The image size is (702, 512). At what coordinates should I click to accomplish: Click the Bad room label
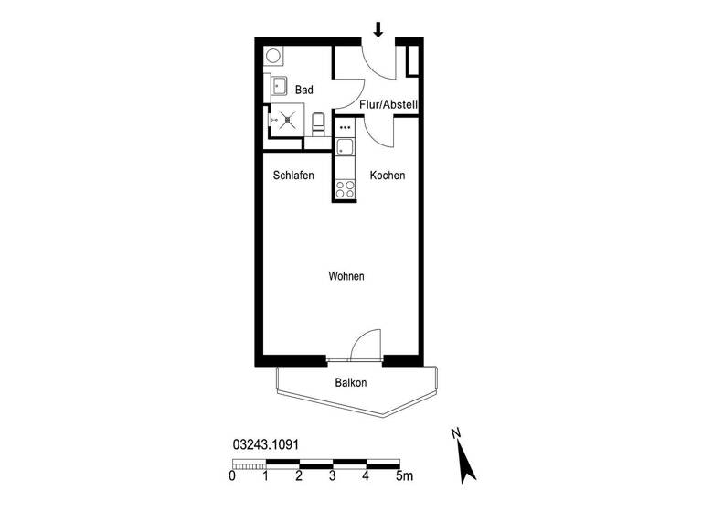pyautogui.click(x=304, y=90)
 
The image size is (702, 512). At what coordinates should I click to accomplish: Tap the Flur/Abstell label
pyautogui.click(x=388, y=105)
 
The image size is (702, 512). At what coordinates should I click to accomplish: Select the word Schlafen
pyautogui.click(x=293, y=176)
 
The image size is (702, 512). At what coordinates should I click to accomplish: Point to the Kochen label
pyautogui.click(x=388, y=176)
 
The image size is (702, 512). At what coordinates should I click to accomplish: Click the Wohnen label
pyautogui.click(x=347, y=276)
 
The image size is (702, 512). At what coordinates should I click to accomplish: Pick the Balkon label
pyautogui.click(x=350, y=383)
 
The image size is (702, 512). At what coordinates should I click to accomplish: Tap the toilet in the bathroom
pyautogui.click(x=317, y=123)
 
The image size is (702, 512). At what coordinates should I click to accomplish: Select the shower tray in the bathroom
pyautogui.click(x=288, y=119)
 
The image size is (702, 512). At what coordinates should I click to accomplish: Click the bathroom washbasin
pyautogui.click(x=279, y=87)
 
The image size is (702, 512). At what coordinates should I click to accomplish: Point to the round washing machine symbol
pyautogui.click(x=273, y=56)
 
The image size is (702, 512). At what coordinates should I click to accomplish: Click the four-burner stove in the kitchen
pyautogui.click(x=345, y=189)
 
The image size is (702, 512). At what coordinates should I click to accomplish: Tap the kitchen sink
pyautogui.click(x=345, y=147)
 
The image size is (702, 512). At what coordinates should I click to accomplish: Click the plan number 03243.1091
pyautogui.click(x=266, y=444)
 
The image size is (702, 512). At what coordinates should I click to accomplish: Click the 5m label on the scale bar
pyautogui.click(x=403, y=476)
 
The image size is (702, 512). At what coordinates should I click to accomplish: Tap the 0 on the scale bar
pyautogui.click(x=232, y=476)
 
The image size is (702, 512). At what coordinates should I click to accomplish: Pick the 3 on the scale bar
pyautogui.click(x=333, y=476)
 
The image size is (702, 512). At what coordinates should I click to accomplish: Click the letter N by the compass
pyautogui.click(x=455, y=432)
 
